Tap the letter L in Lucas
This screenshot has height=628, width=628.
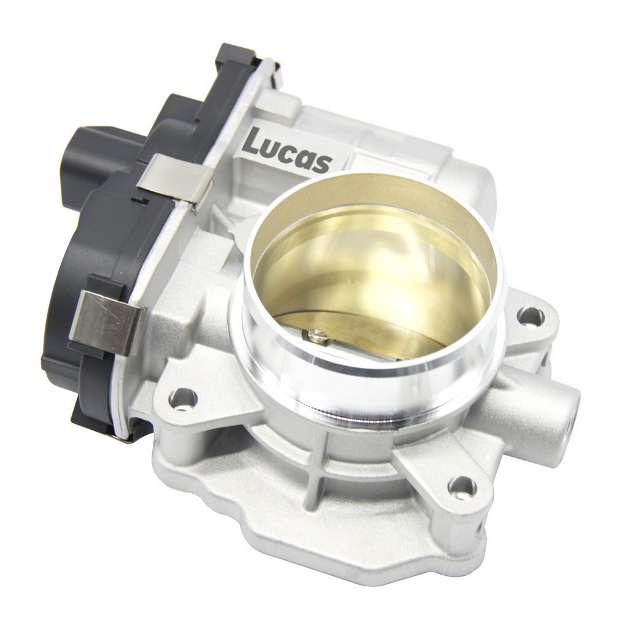(x=253, y=142)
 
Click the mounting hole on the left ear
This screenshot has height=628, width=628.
(x=183, y=399)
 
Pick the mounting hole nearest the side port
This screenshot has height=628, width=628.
(x=530, y=316)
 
